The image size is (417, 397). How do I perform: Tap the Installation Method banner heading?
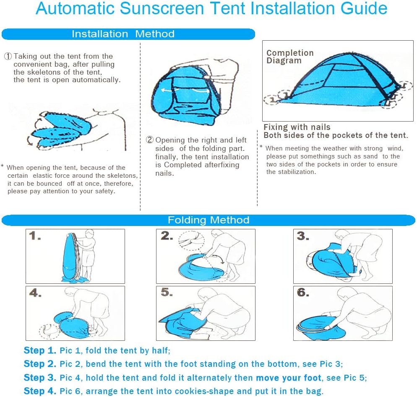(123, 34)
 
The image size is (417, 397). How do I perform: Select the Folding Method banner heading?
(208, 220)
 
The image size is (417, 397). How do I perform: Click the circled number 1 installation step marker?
(8, 56)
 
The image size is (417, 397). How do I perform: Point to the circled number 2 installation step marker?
(150, 140)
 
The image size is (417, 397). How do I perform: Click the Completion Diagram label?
(290, 57)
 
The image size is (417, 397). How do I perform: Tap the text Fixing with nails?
(297, 127)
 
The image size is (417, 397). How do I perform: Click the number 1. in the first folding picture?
(35, 236)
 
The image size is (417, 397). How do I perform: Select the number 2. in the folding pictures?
(167, 236)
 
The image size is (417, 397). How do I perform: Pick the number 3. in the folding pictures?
(303, 236)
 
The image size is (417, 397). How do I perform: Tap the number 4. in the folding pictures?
(35, 293)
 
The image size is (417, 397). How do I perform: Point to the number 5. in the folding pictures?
(167, 292)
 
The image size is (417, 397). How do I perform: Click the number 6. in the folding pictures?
(303, 292)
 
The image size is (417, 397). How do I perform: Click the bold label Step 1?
(40, 350)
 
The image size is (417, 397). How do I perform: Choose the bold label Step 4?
(40, 391)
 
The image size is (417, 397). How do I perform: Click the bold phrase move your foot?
(289, 378)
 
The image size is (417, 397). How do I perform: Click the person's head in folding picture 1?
(90, 234)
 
